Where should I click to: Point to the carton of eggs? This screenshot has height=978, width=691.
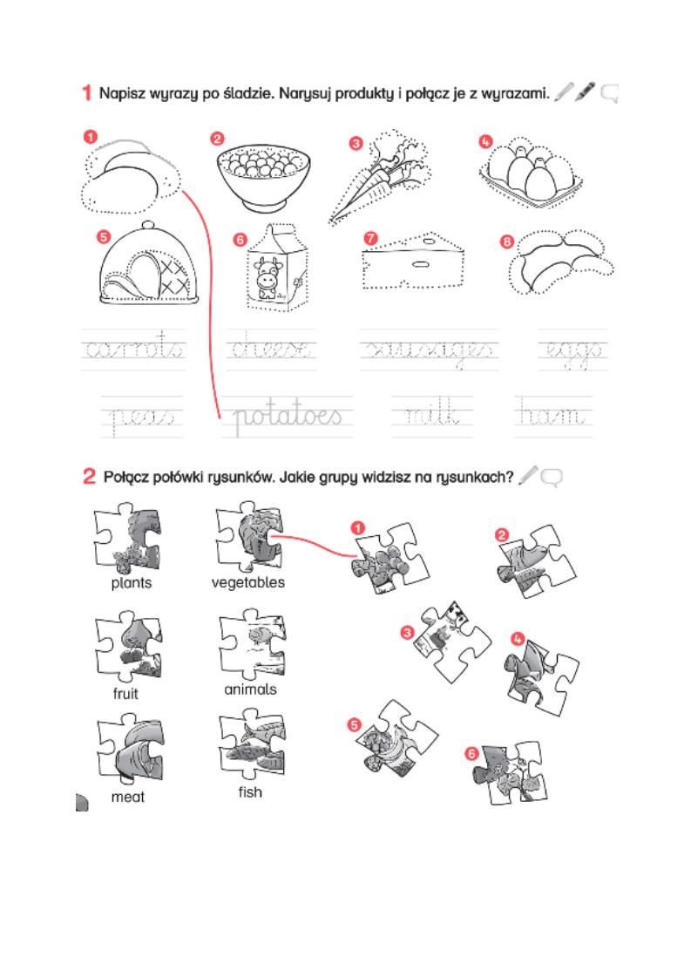[528, 170]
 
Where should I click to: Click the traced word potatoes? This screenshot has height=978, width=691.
[287, 417]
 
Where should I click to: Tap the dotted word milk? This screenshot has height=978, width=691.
[432, 417]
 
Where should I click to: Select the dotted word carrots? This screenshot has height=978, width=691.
[133, 350]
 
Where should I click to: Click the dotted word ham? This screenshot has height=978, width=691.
[553, 417]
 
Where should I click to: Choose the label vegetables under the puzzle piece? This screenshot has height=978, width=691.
[247, 582]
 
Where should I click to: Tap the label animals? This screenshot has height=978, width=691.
[250, 689]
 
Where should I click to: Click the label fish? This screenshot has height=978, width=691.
[250, 792]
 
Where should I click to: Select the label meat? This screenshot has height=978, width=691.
[127, 797]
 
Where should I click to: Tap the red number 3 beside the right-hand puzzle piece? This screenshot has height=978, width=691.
[406, 633]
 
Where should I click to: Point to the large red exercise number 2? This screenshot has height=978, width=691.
[89, 476]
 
